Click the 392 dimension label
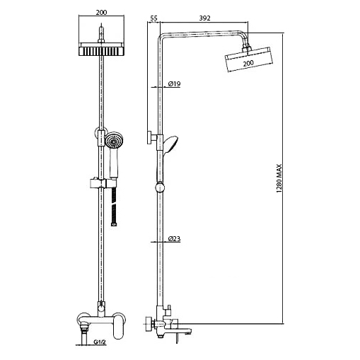(x=204, y=18)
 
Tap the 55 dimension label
(x=153, y=18)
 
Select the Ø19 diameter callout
(x=175, y=83)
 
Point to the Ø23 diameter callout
(x=175, y=238)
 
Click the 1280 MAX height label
(x=279, y=178)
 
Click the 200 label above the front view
(x=101, y=12)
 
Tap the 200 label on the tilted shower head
(x=248, y=63)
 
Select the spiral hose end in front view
(x=114, y=207)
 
